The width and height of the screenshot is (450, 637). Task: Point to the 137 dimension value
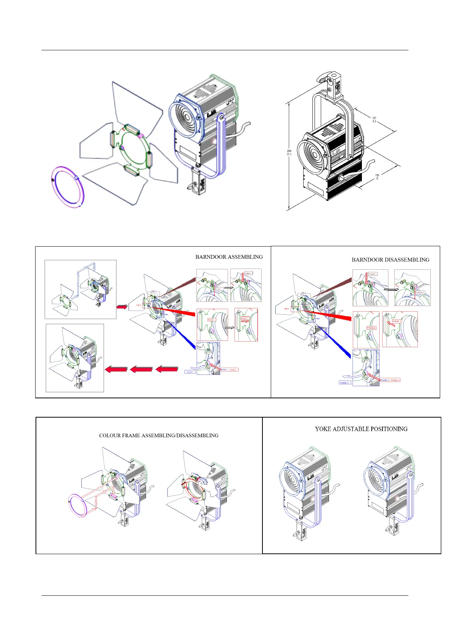click(374, 118)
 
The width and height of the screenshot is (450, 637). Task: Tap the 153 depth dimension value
click(377, 175)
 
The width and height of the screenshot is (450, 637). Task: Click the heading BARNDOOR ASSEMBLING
click(229, 257)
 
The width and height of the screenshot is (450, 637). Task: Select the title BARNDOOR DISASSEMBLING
click(390, 260)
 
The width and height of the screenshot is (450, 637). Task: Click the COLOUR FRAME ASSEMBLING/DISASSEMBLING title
click(158, 435)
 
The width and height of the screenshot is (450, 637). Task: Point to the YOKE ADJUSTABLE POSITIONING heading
click(361, 429)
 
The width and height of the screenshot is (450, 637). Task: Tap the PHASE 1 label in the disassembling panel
click(372, 274)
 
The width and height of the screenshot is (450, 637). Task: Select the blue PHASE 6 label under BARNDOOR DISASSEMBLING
click(344, 383)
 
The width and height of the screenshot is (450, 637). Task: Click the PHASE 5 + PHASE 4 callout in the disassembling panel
click(389, 380)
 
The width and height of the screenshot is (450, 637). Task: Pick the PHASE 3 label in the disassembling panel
click(371, 328)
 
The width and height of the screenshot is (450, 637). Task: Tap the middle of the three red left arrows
click(141, 369)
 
